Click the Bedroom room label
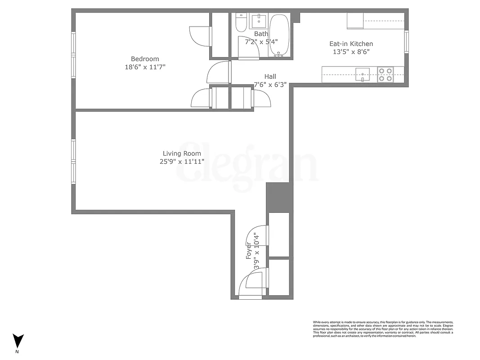click(x=144, y=59)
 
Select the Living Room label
click(x=182, y=154)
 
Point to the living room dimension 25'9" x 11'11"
click(x=182, y=162)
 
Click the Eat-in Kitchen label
click(x=351, y=44)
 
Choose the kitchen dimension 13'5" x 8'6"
click(x=351, y=52)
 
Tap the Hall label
click(x=270, y=76)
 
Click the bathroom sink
click(x=259, y=20)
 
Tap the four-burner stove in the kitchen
click(x=385, y=74)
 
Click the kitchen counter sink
click(x=362, y=73)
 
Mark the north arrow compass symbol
click(x=18, y=340)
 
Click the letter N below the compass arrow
click(x=18, y=351)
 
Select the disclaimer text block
click(x=383, y=329)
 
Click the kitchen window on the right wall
click(x=406, y=41)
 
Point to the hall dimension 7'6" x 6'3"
click(x=270, y=85)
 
